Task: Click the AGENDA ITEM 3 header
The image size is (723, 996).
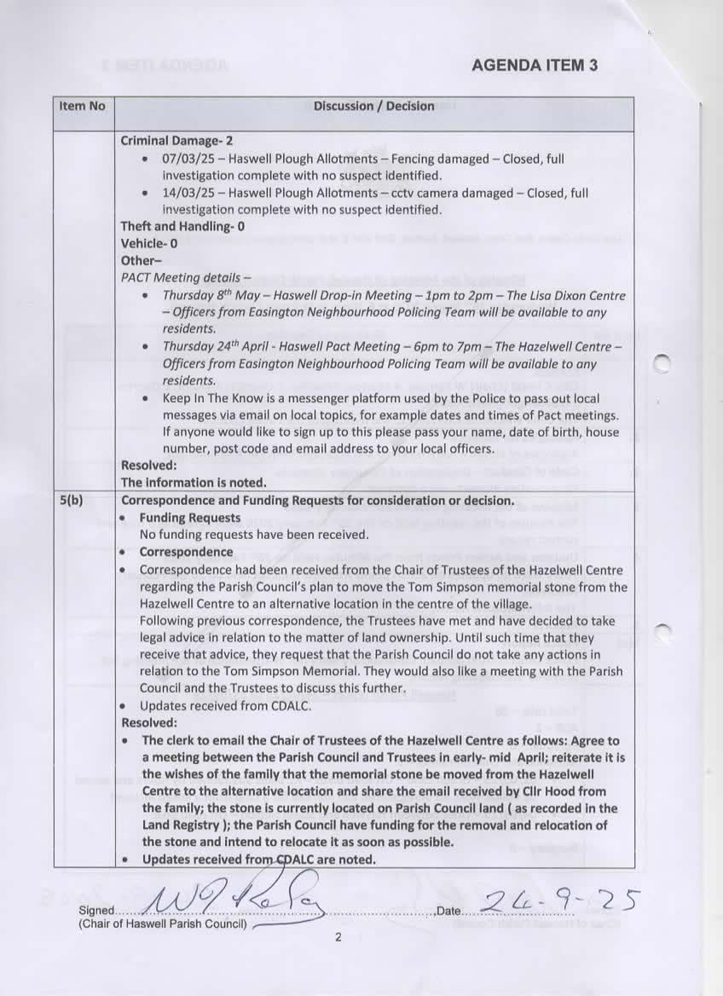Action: coord(534,66)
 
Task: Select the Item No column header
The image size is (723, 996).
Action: coord(83,107)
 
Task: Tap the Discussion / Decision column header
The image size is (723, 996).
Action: coord(373,107)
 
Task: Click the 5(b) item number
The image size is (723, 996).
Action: coord(72,501)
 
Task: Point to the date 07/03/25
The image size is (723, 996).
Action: coord(185,159)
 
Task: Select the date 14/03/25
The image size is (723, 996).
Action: coord(185,194)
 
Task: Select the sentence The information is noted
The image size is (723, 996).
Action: coord(194,483)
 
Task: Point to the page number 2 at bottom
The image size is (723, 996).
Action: coord(338,938)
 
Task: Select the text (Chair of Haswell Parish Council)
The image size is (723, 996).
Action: coord(162,924)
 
